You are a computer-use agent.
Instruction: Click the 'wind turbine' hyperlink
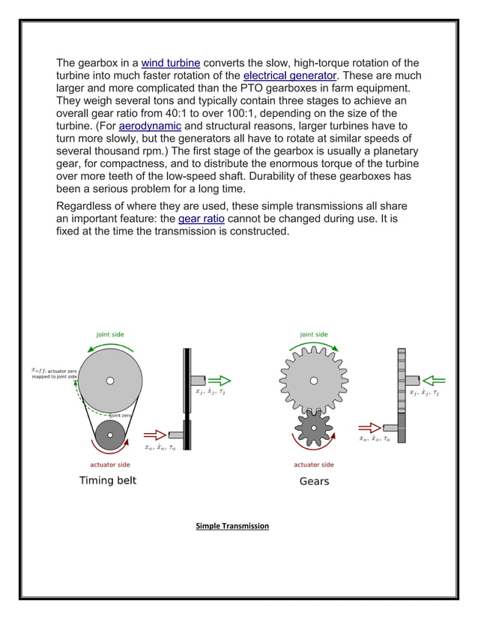[170, 63]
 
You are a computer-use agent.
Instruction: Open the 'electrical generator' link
[289, 76]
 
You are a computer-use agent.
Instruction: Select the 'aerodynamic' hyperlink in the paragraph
[150, 126]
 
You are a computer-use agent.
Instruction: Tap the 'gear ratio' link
[202, 219]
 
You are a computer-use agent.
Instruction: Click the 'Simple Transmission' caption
[232, 526]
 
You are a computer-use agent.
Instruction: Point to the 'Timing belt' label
[108, 480]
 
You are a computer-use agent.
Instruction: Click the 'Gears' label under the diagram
[314, 481]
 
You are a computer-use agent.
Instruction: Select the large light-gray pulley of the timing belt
[110, 381]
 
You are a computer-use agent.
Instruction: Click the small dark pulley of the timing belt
[110, 435]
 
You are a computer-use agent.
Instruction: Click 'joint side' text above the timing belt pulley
[110, 334]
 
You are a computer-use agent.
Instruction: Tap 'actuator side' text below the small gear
[314, 465]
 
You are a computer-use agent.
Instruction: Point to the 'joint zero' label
[121, 414]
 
